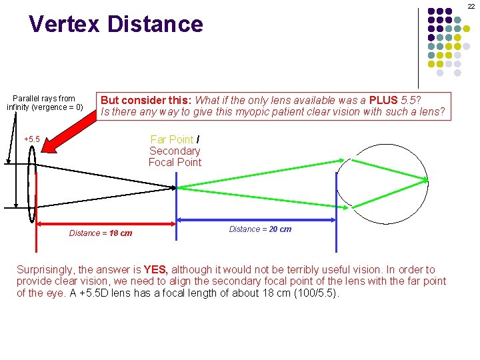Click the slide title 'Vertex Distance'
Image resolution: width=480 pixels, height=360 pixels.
click(115, 24)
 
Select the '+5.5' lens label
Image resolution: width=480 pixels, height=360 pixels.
click(31, 139)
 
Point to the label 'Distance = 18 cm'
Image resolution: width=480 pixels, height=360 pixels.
click(101, 233)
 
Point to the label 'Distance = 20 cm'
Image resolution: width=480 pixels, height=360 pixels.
click(260, 229)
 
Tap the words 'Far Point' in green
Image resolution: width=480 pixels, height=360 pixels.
click(171, 139)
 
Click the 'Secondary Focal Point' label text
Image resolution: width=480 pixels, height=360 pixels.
click(175, 157)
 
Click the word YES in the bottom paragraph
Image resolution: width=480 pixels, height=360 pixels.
click(156, 270)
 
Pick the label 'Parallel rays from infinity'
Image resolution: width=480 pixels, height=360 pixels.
click(45, 103)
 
